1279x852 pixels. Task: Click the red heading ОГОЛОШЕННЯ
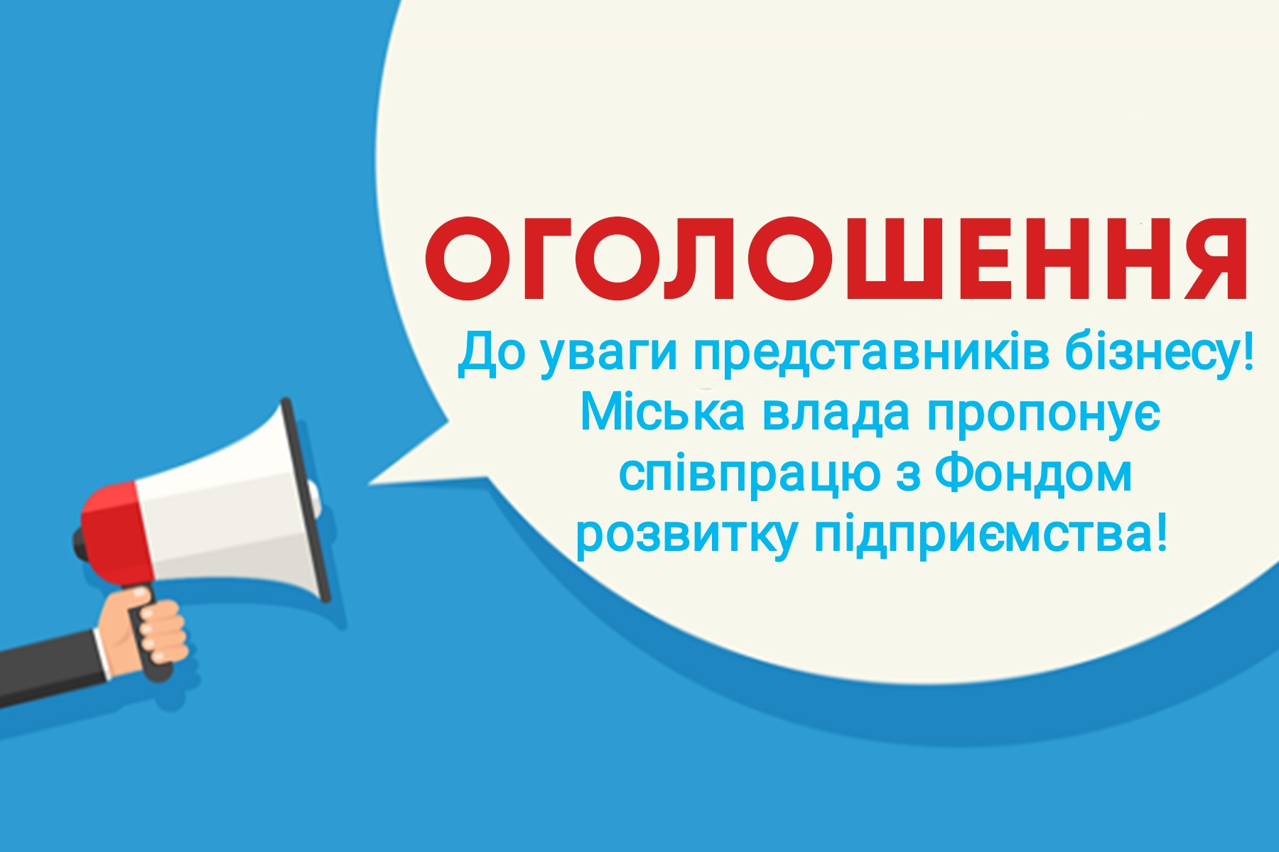pyautogui.click(x=836, y=259)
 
